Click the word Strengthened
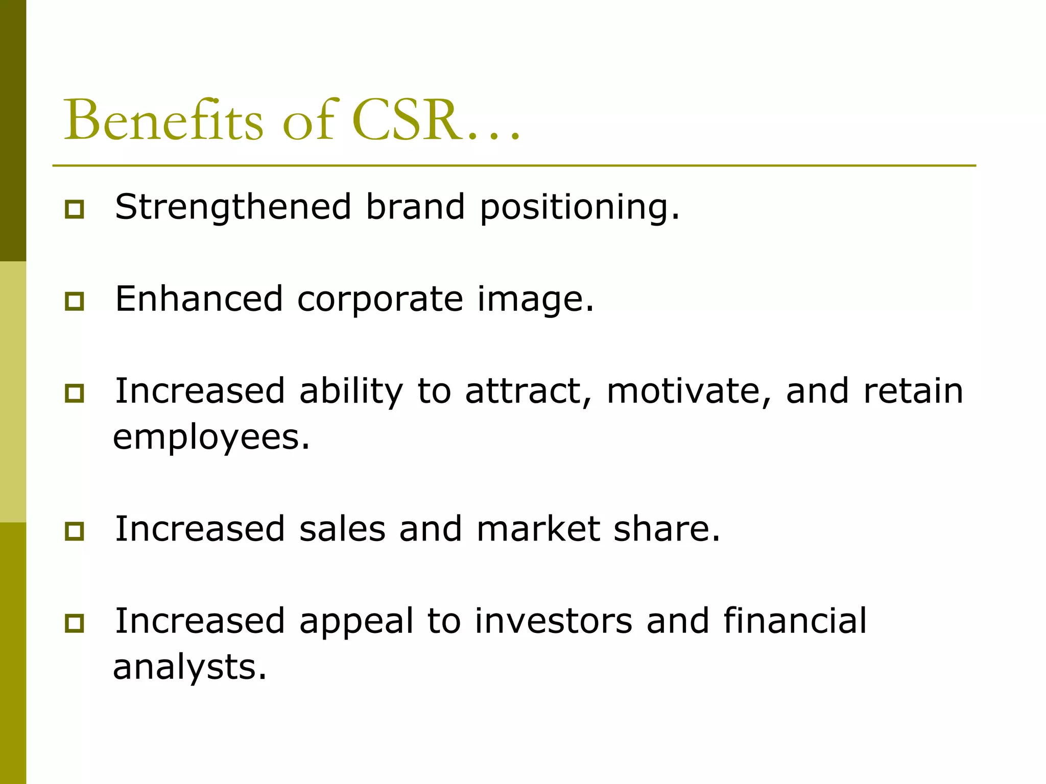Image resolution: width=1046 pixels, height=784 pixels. coord(233,207)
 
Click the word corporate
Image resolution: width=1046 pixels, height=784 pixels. coord(380,300)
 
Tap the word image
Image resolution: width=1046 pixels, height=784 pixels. coord(535,300)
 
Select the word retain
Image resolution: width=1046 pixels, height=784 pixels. coord(913,391)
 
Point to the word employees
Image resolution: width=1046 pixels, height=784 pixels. coord(211,438)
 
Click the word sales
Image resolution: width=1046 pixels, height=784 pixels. coord(342,529)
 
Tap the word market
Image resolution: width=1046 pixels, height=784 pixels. coord(538,529)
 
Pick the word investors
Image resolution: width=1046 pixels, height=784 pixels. coord(553,621)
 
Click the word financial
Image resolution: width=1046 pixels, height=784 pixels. coord(795,621)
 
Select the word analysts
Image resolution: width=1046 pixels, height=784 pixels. coord(189,668)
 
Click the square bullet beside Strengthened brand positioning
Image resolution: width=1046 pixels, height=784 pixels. coord(75,209)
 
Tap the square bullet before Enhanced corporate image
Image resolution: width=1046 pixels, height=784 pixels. coord(75,301)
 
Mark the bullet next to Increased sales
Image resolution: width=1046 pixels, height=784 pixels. coord(75,531)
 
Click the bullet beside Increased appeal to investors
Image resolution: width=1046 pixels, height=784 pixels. coord(75,623)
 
